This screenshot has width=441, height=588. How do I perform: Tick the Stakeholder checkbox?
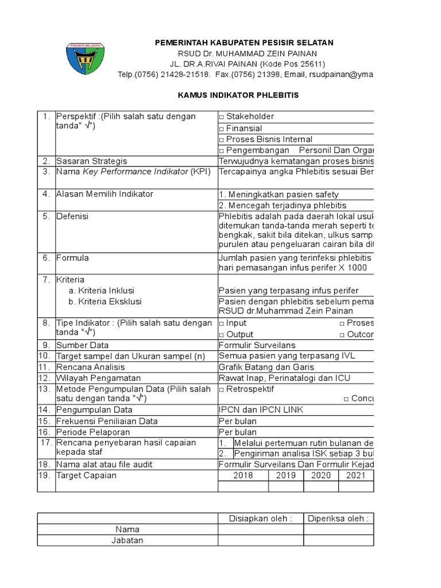tap(222, 117)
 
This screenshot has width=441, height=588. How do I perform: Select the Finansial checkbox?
tap(222, 129)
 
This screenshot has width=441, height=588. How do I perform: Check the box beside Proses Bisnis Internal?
tap(222, 140)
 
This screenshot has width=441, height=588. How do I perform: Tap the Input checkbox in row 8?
tap(222, 323)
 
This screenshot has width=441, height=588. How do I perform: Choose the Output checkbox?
tap(222, 335)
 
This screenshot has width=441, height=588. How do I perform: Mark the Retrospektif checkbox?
tap(222, 389)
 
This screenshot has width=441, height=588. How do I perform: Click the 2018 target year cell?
tap(243, 475)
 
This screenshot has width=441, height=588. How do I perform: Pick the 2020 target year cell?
tap(321, 475)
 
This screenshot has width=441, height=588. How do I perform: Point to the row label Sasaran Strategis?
tap(91, 161)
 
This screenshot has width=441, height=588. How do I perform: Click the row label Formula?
tap(72, 258)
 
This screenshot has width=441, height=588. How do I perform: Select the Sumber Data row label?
tap(82, 346)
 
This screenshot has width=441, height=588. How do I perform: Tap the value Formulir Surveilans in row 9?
tap(257, 346)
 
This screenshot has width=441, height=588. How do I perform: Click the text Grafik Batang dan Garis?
tap(266, 367)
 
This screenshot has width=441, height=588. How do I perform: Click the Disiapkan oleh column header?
tap(260, 519)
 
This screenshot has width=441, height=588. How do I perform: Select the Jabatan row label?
tap(127, 540)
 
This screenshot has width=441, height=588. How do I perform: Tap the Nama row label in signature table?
tap(127, 529)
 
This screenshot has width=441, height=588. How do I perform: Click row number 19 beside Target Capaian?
tap(44, 475)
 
